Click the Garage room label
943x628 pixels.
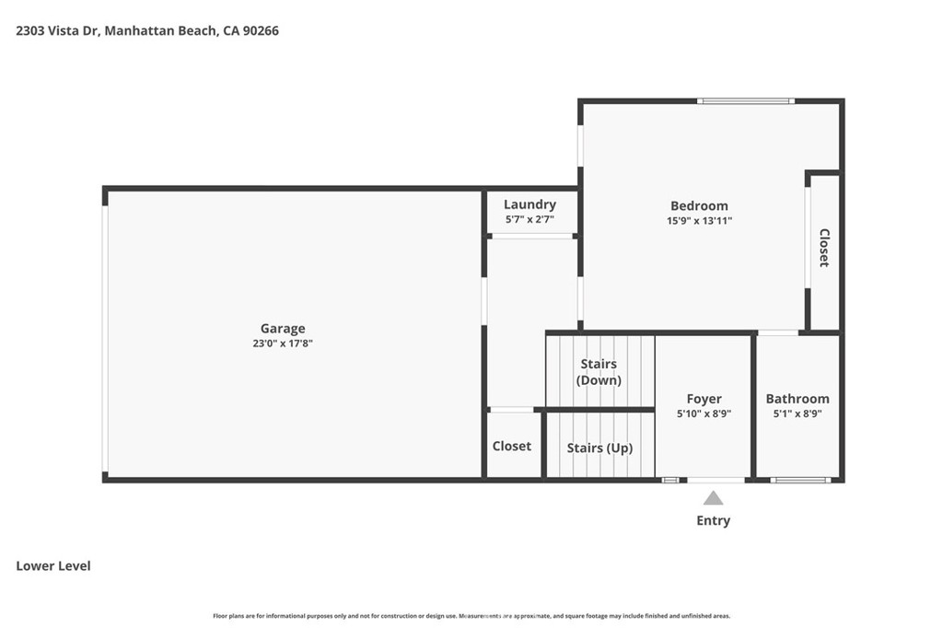283,329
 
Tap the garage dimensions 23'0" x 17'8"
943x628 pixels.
283,343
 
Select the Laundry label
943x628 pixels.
530,204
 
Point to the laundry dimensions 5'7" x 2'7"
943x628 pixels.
530,220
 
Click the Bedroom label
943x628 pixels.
699,206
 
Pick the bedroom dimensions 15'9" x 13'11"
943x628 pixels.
699,221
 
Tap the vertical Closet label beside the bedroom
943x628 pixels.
824,248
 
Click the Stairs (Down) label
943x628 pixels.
599,372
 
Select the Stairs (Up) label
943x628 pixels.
600,448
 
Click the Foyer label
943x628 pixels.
704,399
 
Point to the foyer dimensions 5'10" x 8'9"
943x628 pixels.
704,414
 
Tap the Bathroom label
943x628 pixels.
797,399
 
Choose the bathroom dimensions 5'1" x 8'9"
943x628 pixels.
797,414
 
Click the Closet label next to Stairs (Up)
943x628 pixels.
512,447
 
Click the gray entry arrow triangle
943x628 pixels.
714,498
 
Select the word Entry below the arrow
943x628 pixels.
714,521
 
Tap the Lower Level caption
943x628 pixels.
53,566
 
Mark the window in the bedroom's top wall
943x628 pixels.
746,100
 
